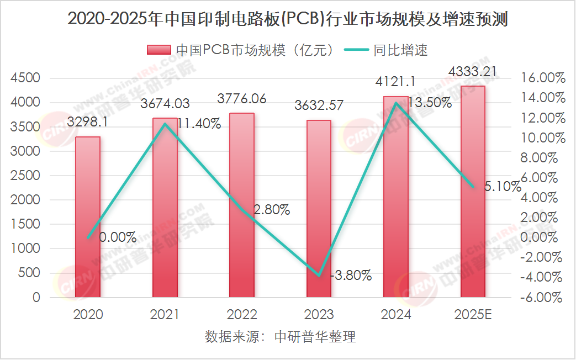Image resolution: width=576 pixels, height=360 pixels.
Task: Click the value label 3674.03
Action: tap(165, 103)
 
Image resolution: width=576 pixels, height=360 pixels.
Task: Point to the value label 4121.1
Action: tap(395, 82)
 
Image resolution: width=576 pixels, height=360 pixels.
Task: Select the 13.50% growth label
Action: tap(430, 102)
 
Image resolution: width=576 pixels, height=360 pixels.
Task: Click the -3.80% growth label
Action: tap(351, 275)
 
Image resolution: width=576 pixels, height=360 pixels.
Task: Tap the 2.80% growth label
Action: tap(271, 209)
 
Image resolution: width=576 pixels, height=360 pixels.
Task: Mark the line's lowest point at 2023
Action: tap(319, 275)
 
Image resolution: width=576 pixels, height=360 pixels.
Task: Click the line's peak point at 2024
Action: tap(395, 103)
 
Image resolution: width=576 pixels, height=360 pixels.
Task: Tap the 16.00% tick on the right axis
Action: tap(545, 78)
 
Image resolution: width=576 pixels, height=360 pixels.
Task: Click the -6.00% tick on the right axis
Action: tap(543, 297)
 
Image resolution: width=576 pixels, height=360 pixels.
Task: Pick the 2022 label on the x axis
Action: tap(242, 315)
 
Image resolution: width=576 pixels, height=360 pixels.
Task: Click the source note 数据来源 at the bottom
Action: tap(281, 337)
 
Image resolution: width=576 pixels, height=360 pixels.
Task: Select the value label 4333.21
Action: tap(472, 71)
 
